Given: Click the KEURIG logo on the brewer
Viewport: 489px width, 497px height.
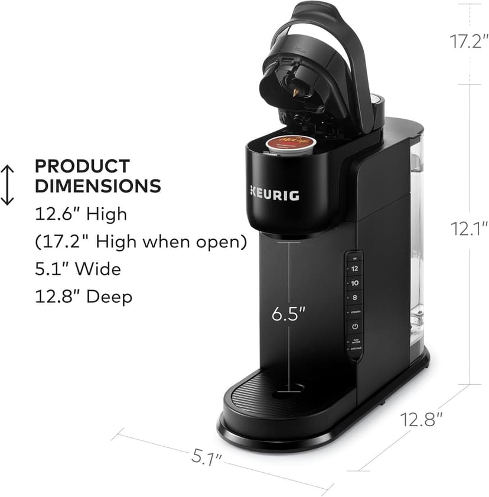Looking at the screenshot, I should pos(273,194).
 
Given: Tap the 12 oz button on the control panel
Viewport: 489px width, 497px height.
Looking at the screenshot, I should pos(355,269).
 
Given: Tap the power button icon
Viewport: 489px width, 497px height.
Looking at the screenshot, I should pos(355,326).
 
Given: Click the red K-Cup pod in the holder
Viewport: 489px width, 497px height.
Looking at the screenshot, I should pos(291,143).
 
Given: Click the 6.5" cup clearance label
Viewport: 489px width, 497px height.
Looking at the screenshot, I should pos(289,314).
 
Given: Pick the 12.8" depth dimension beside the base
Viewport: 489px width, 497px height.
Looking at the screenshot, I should pos(422,420).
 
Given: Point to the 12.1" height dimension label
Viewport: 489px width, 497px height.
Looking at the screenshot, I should pos(471,229).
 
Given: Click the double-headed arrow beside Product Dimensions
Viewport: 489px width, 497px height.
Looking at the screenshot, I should pos(8,185).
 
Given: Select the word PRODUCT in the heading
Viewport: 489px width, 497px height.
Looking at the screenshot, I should pos(82,166).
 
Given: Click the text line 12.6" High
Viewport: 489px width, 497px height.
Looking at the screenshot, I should pos(81,214).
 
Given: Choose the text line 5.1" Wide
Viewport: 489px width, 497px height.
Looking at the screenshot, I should pos(78,269).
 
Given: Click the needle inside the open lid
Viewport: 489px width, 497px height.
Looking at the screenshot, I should pos(295,91).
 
